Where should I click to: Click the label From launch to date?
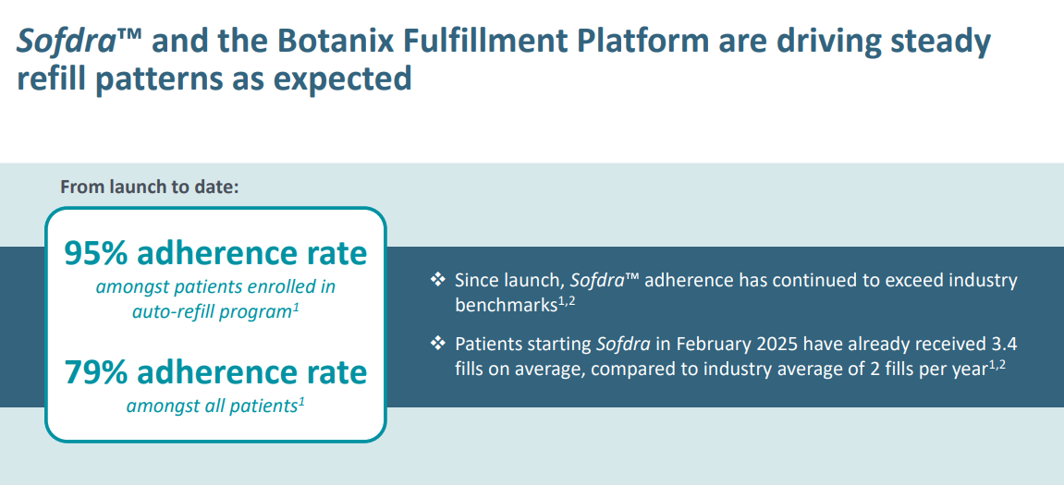point(149,187)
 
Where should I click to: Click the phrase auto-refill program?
point(211,312)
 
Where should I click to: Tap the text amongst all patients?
point(213,406)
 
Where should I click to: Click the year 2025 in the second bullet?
point(775,344)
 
